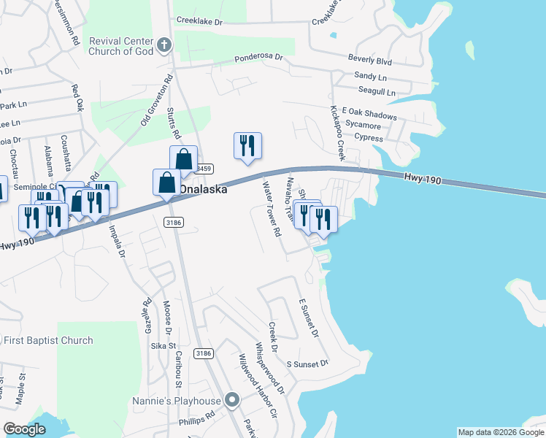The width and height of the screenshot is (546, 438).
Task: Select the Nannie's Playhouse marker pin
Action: tap(233, 400)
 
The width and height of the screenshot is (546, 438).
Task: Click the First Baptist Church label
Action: tap(48, 340)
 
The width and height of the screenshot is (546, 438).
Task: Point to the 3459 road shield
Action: tap(205, 169)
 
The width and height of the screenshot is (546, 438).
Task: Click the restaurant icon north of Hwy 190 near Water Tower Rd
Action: tap(247, 145)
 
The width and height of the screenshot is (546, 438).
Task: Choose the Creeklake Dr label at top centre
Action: tap(198, 22)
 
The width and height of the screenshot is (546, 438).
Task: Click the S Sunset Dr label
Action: tap(307, 363)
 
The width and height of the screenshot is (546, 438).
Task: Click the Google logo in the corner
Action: tap(25, 429)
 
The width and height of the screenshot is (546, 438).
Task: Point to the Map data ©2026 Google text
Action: tap(501, 432)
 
